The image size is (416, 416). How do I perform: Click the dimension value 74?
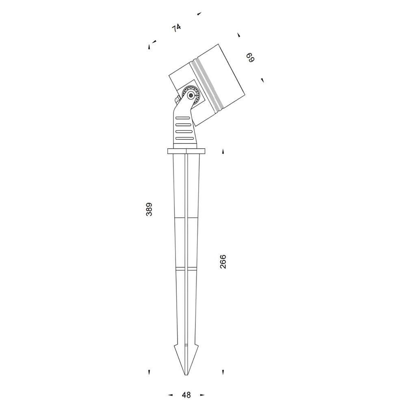[x=176, y=28]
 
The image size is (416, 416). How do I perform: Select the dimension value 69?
[x=250, y=58]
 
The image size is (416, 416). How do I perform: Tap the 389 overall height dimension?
[x=149, y=209]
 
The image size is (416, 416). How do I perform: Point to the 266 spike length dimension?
[x=223, y=262]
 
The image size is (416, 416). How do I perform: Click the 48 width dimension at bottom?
[x=186, y=395]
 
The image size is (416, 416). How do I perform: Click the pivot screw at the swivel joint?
[x=191, y=95]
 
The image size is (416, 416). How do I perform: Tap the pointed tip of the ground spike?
[x=186, y=375]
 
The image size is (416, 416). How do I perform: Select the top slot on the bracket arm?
[x=183, y=118]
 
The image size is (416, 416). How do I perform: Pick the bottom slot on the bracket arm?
[x=184, y=138]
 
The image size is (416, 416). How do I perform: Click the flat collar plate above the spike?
[x=186, y=151]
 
